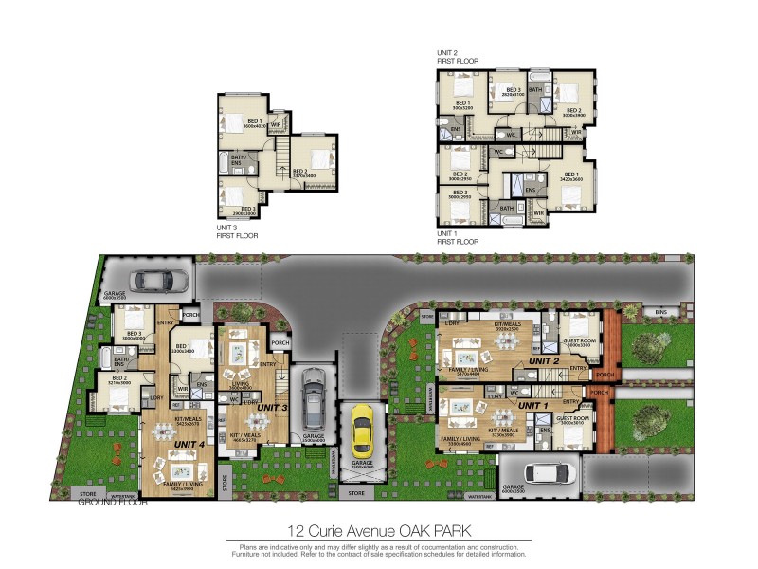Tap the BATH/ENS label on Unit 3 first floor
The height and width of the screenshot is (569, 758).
coord(239,160)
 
